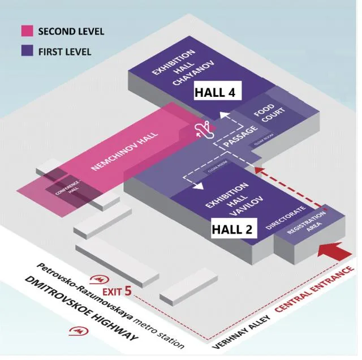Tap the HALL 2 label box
click(x=235, y=229)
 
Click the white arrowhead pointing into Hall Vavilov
click(x=202, y=191)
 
